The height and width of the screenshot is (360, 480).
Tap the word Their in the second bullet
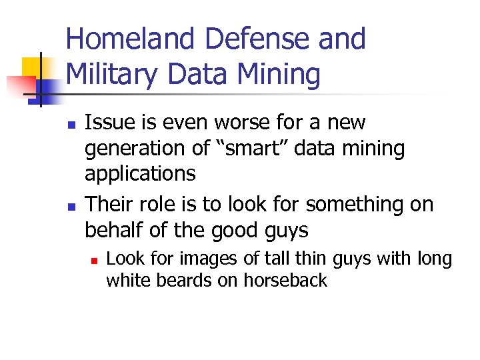[x=109, y=203]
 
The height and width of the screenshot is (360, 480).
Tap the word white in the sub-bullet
[x=129, y=281]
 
